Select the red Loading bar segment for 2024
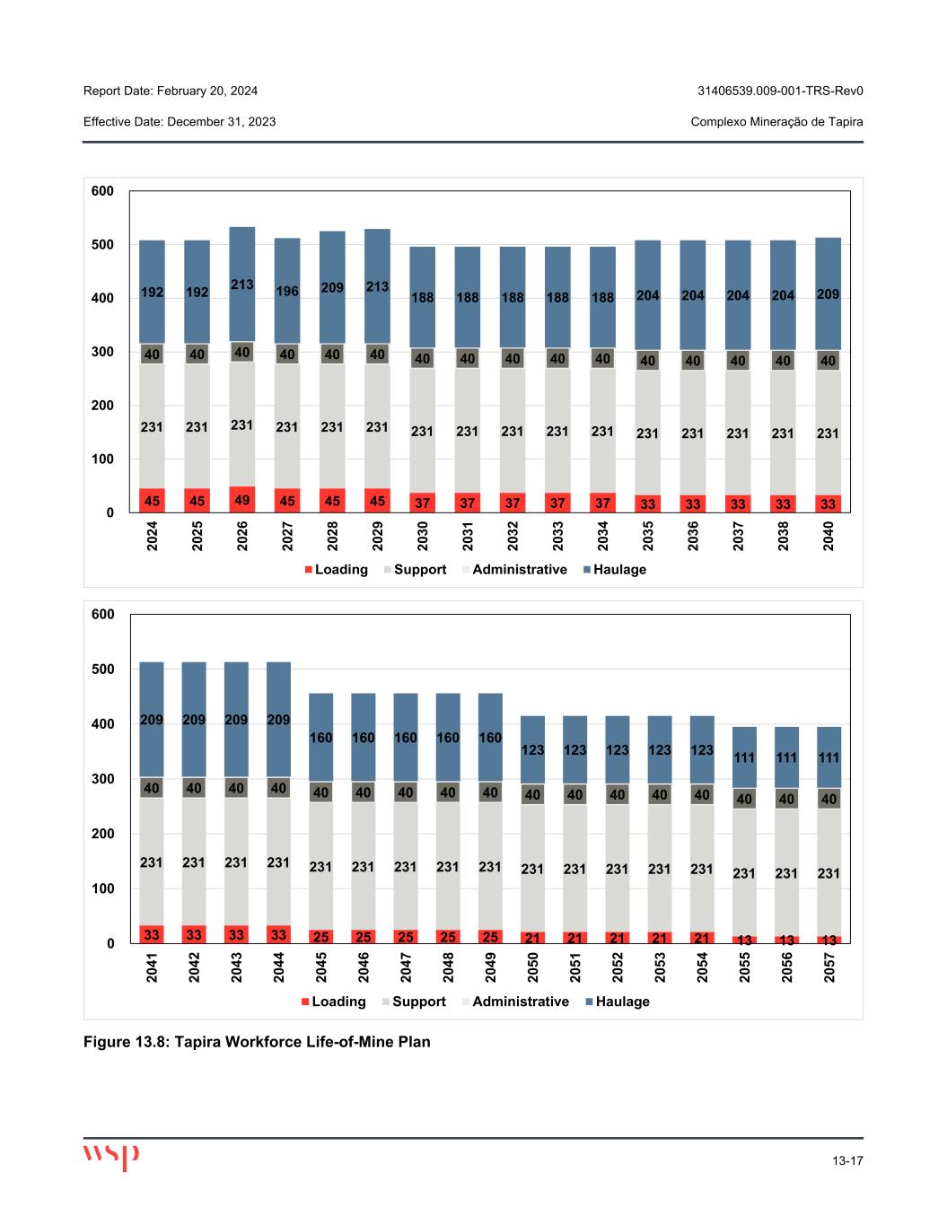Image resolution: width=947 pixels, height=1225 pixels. coord(152,501)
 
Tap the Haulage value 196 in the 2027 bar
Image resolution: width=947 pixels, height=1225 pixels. coord(287,292)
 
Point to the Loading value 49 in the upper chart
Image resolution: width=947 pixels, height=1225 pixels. coord(242,499)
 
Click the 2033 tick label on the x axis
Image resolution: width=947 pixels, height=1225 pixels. coord(557,536)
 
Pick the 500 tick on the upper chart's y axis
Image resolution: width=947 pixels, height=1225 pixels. coord(102,245)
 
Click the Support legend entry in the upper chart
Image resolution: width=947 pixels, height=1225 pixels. coord(419,570)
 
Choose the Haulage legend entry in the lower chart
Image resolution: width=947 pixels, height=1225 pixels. coord(622,1002)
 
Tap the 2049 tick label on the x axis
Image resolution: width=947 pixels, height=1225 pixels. coord(490,968)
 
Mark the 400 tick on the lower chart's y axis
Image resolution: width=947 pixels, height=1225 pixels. coord(103,724)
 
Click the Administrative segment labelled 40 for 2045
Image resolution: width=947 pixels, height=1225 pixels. coord(320,793)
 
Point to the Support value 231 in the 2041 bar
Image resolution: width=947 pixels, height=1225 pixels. coord(152,862)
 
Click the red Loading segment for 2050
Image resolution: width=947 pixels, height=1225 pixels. coord(532,938)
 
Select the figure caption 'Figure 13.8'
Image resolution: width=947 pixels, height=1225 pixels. coord(257,1042)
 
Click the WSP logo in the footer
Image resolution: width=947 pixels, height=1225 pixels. coord(110,1157)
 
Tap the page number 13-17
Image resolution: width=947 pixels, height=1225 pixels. coord(847,1161)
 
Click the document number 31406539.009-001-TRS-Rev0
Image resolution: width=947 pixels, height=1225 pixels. coord(779,91)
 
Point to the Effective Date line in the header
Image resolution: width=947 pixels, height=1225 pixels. coord(180,121)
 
